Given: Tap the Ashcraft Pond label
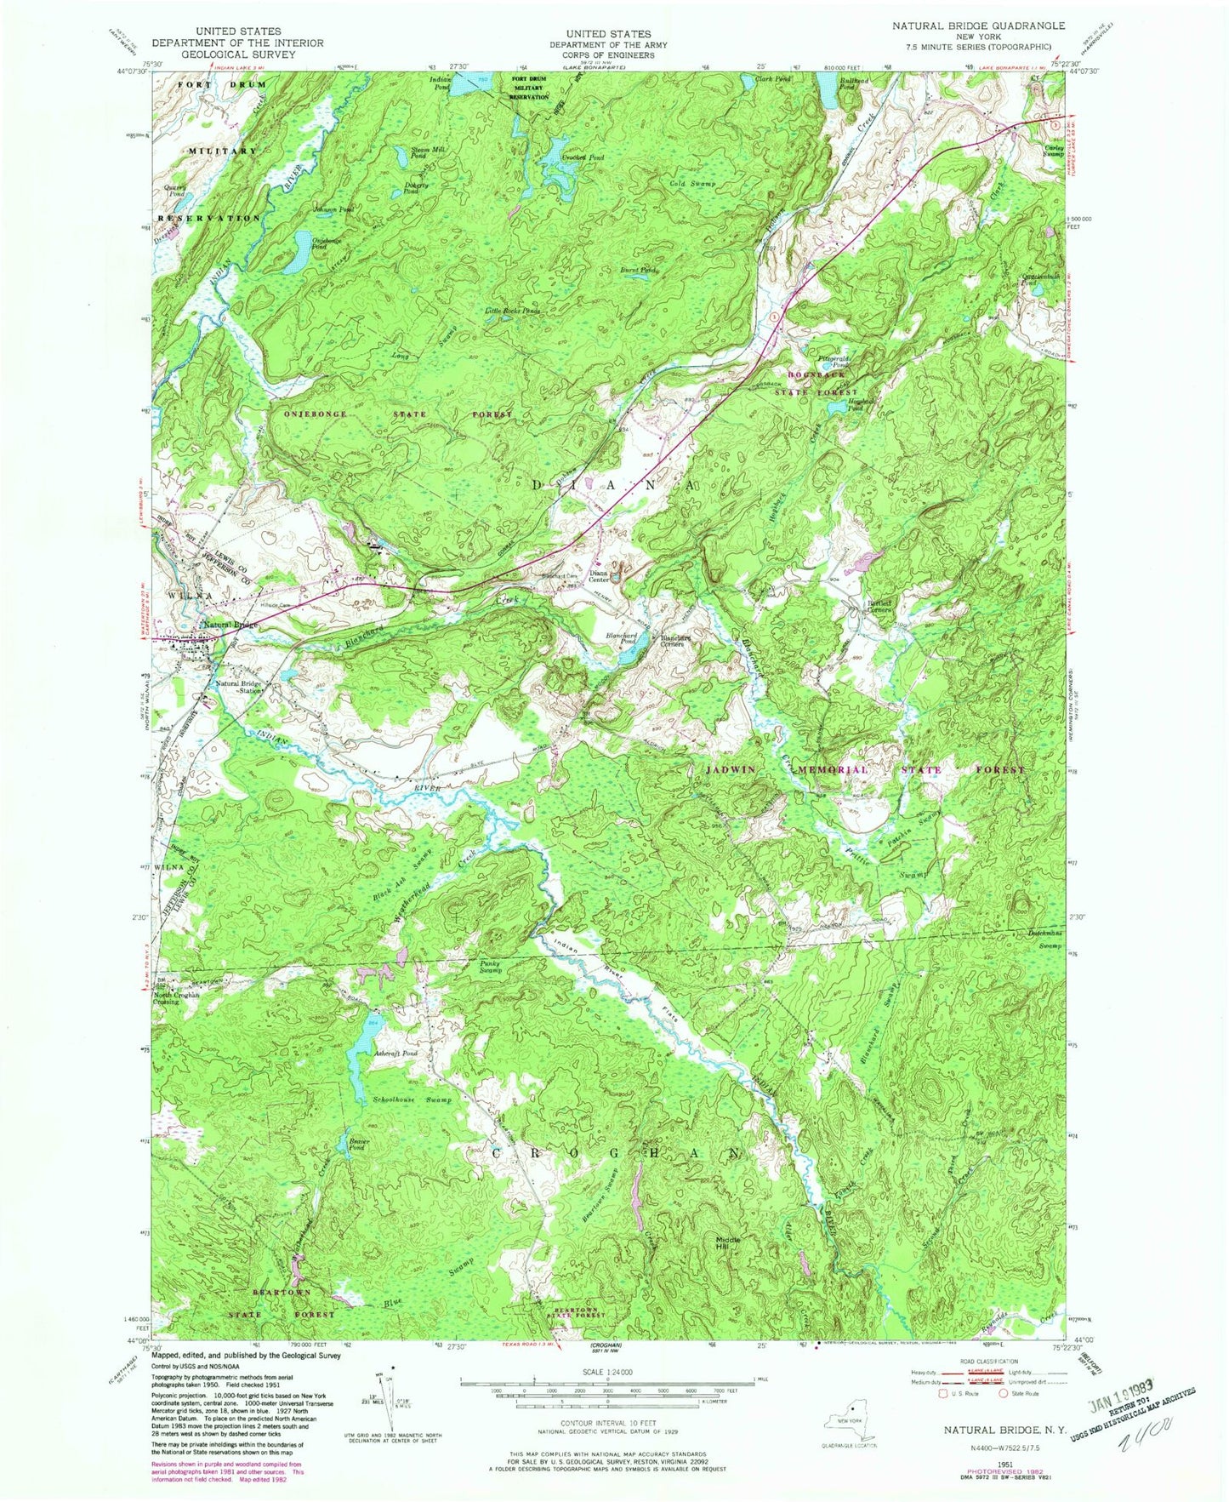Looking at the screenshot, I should pos(395,1054).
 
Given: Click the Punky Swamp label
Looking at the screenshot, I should pos(490,967).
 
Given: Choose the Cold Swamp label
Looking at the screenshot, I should pos(693,183).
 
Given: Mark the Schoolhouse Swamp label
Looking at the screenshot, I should pos(412,1099).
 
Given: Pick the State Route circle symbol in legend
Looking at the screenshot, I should pos(1004,1393).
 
